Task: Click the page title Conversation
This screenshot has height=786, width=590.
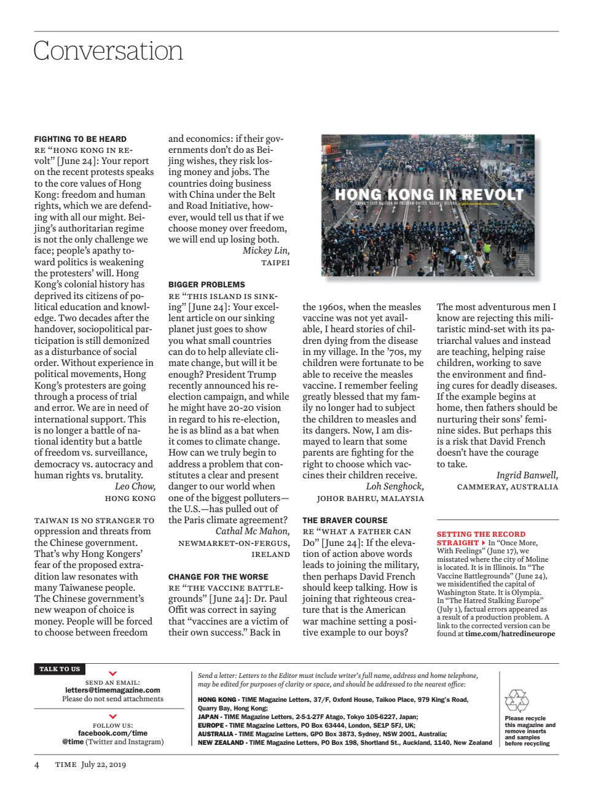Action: pos(108,51)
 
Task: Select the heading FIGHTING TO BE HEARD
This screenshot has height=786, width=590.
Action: pos(80,139)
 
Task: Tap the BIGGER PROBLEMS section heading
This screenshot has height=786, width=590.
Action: pos(206,284)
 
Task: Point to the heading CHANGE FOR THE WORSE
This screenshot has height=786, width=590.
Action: pos(218,577)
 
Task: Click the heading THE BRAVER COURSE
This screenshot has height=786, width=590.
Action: pos(345,520)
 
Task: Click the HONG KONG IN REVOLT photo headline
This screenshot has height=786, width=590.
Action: pos(428,195)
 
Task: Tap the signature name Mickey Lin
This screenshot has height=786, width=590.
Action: pos(265,251)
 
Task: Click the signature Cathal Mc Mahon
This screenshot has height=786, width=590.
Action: pos(252,531)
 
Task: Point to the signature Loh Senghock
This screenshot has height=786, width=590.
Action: pos(395,486)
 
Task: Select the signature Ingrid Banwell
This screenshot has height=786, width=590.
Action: pos(527,475)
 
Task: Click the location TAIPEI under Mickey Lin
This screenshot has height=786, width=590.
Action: pos(275,262)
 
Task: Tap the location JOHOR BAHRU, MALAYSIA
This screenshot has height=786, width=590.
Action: pos(370,498)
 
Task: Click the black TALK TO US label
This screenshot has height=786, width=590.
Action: pos(60,669)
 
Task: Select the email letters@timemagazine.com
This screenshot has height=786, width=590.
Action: pos(112,690)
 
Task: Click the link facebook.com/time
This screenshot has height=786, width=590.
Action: pos(112,733)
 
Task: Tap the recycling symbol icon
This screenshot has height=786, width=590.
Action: pos(516,701)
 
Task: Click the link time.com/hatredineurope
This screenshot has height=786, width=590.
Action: pos(509,633)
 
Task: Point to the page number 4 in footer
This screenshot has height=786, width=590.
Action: pos(37,765)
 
